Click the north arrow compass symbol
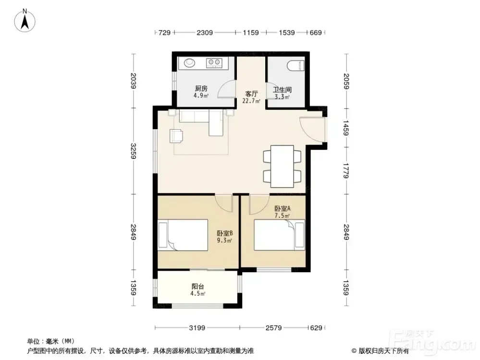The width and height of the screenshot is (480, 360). click(x=25, y=20)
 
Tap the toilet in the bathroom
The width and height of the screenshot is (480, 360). click(x=295, y=65)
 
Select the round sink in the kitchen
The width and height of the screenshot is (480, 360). click(x=189, y=63)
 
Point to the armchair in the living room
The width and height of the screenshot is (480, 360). click(x=176, y=136)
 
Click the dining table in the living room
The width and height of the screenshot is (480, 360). click(x=282, y=166)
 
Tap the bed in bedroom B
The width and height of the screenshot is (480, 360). click(x=183, y=235)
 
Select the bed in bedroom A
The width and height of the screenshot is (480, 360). click(x=280, y=235)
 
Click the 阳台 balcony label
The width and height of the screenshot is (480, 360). click(x=197, y=287)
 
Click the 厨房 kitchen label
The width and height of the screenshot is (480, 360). click(x=201, y=88)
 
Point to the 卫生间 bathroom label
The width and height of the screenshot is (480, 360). click(x=282, y=90)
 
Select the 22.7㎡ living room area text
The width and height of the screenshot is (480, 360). click(x=251, y=101)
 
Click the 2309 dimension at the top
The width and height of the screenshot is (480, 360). click(x=205, y=33)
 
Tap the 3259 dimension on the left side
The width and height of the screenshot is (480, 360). click(x=133, y=151)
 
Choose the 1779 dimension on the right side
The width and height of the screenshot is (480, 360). click(x=346, y=171)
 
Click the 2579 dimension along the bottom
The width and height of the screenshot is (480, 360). click(x=273, y=328)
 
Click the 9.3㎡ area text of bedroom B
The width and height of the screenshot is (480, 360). click(x=224, y=240)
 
